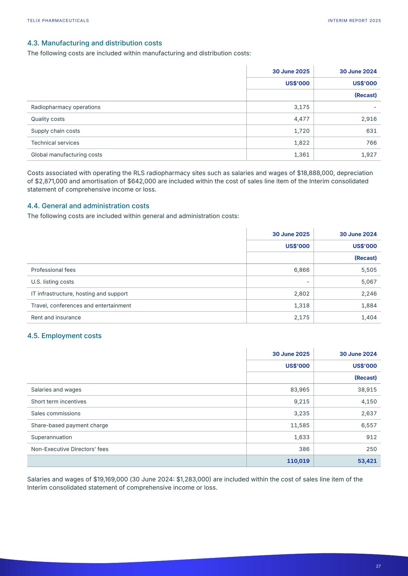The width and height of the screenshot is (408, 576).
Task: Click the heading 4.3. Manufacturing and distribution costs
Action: coord(94,43)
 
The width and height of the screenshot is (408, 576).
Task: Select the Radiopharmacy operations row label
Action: coord(66,107)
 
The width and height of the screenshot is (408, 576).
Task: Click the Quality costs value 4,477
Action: coord(302,119)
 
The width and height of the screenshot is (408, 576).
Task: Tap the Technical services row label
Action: coord(55,143)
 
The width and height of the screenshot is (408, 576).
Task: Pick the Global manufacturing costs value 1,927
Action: coord(369,154)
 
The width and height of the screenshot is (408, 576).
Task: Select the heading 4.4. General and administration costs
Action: coord(88,206)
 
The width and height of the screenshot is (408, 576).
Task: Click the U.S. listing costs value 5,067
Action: coord(369,282)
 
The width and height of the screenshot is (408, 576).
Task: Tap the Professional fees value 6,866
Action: coord(302,270)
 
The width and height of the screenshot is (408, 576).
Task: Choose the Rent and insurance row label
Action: coord(56,317)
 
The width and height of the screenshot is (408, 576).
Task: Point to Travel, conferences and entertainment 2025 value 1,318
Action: coord(302,306)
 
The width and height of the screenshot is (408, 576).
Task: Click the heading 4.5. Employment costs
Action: coord(64,336)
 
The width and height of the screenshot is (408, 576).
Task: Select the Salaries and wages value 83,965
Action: coord(300,390)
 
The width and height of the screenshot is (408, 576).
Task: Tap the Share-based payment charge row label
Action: coord(69,425)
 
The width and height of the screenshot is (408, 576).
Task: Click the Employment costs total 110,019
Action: coord(298,461)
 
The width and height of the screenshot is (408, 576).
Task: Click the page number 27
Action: coord(378,566)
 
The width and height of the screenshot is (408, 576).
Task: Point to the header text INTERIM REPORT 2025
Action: coord(354,21)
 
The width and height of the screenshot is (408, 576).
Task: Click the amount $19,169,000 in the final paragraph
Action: coord(110,479)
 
